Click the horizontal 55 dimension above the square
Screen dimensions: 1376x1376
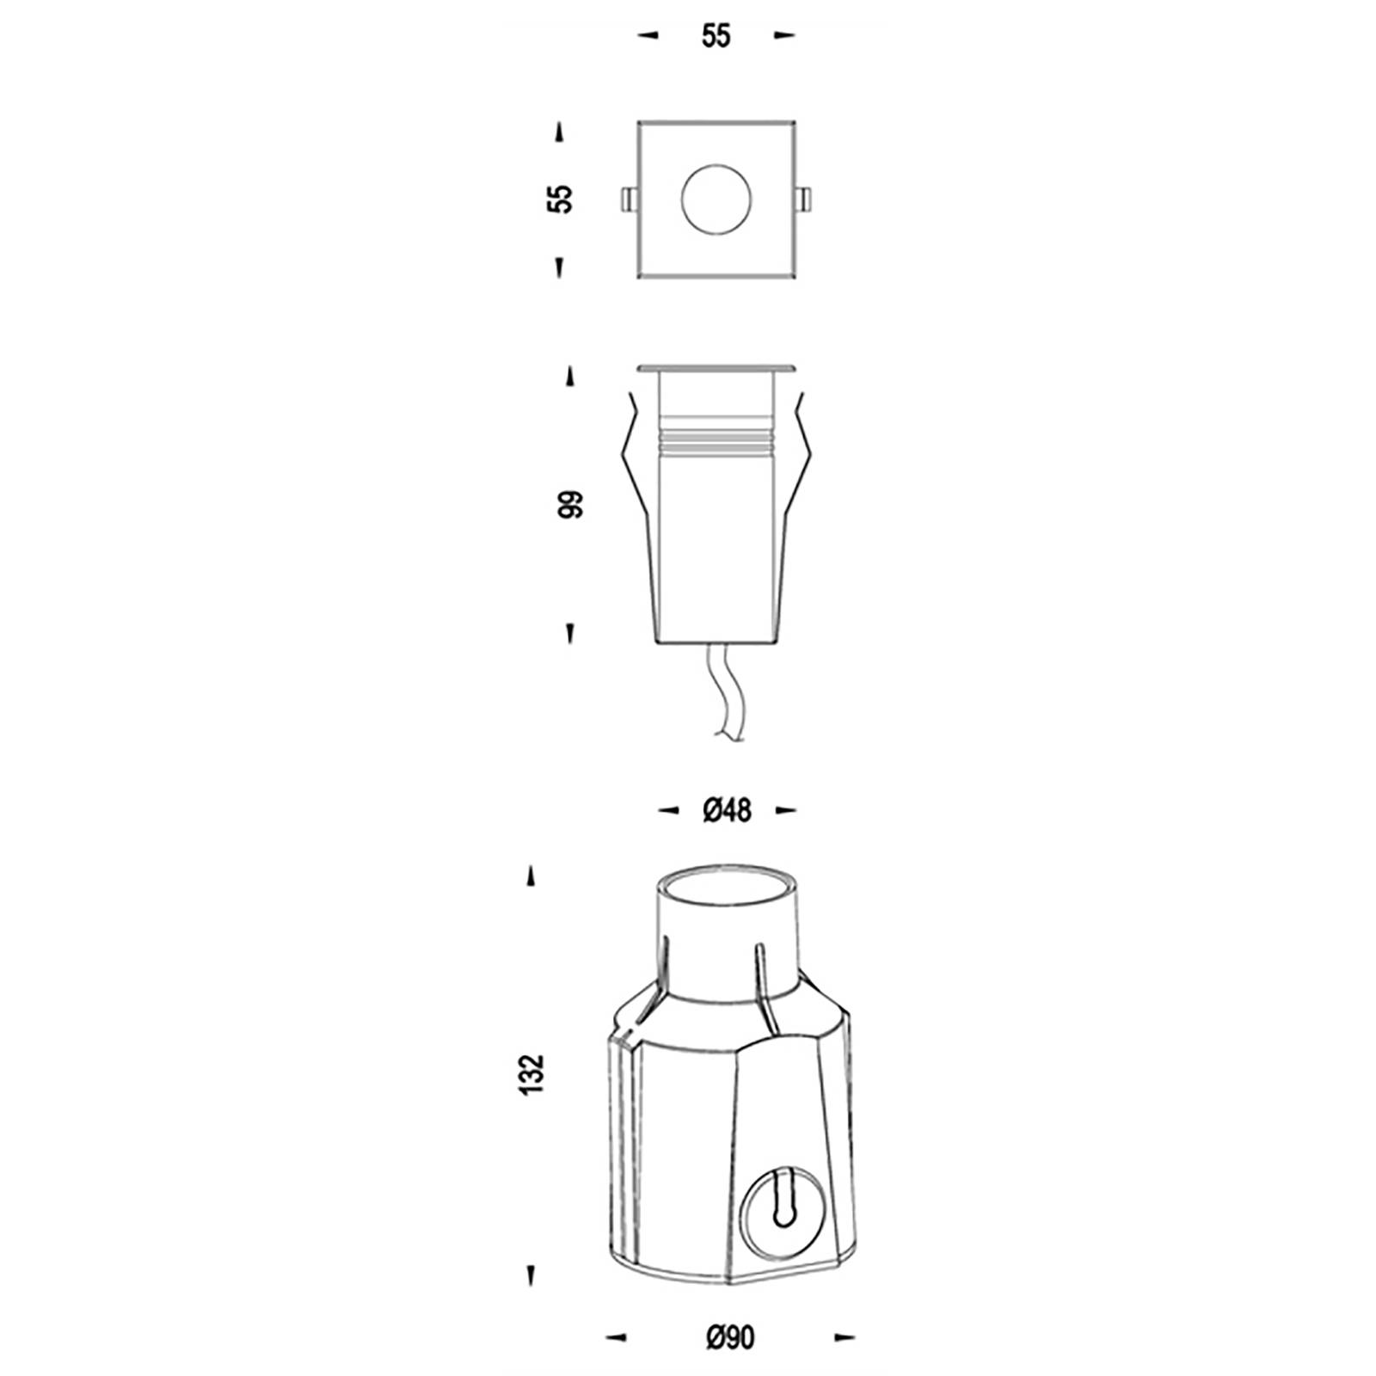[716, 37]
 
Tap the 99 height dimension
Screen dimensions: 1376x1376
[569, 504]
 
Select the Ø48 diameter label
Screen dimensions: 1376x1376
[727, 810]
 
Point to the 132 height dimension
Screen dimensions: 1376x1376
[533, 1073]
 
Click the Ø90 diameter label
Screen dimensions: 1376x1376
[730, 1337]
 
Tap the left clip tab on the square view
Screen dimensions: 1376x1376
[629, 199]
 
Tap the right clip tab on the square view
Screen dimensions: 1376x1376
[805, 199]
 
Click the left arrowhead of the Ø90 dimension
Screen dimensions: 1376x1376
[615, 1336]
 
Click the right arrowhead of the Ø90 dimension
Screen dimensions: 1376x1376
[845, 1336]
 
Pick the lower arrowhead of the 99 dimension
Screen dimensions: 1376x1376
[568, 634]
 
